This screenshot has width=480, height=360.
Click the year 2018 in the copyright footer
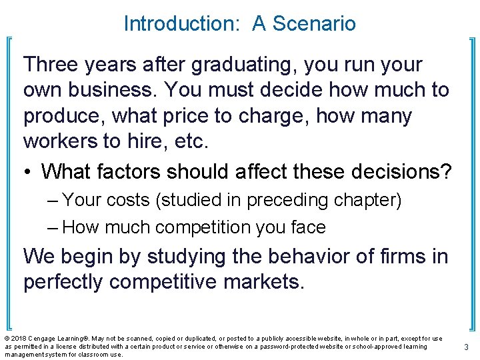(x=18, y=339)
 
